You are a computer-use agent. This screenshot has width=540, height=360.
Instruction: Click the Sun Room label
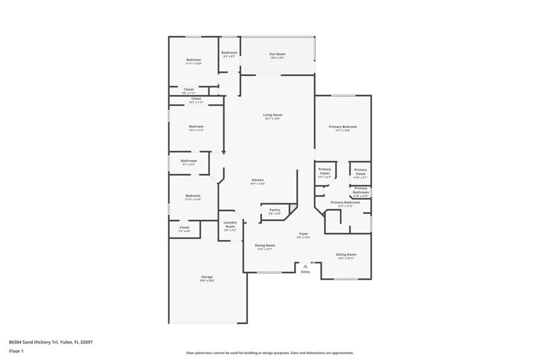277,54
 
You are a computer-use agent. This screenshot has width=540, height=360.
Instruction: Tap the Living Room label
273,114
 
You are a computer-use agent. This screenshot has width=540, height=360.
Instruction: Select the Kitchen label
257,179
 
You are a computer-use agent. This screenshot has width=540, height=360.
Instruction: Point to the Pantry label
274,210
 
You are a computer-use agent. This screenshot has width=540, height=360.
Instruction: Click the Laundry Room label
230,223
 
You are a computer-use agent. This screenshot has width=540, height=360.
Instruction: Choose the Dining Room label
265,246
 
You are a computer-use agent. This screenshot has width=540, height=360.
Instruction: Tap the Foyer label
304,233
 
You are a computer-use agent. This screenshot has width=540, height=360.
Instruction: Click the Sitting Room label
347,254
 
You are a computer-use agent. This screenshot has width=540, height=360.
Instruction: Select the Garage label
207,277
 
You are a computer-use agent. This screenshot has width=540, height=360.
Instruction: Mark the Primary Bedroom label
342,127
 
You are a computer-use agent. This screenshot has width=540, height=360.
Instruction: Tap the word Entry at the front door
306,272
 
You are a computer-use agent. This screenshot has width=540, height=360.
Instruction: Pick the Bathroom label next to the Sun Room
229,53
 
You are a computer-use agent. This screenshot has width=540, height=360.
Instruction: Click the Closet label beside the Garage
184,227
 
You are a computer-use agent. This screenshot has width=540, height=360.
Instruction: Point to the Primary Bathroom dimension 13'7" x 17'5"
345,206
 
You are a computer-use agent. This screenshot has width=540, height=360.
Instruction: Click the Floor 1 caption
16,351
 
